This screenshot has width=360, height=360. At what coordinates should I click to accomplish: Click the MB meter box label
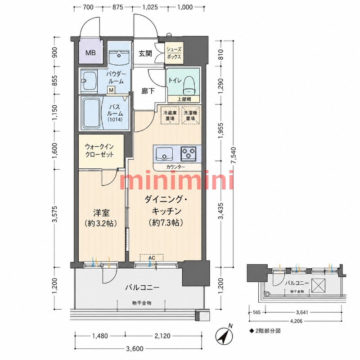click(90, 53)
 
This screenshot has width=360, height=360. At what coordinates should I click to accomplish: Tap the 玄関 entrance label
click(145, 54)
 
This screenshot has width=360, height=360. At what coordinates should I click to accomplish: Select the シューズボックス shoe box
click(174, 53)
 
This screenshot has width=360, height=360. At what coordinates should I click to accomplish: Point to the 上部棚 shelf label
click(184, 99)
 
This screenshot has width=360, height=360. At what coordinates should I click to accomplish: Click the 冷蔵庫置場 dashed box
click(170, 116)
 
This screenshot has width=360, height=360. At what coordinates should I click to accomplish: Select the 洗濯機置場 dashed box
click(190, 116)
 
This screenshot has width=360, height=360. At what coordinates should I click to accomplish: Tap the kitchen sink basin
click(164, 153)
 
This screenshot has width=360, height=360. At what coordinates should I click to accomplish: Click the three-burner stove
click(188, 153)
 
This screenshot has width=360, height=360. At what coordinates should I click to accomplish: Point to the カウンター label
click(175, 167)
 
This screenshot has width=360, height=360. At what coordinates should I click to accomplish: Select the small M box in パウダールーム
click(111, 90)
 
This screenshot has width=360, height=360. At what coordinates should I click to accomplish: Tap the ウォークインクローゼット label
click(99, 150)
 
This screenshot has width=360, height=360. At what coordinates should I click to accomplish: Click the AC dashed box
click(152, 257)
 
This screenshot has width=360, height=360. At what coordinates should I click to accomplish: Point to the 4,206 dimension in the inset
click(296, 321)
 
